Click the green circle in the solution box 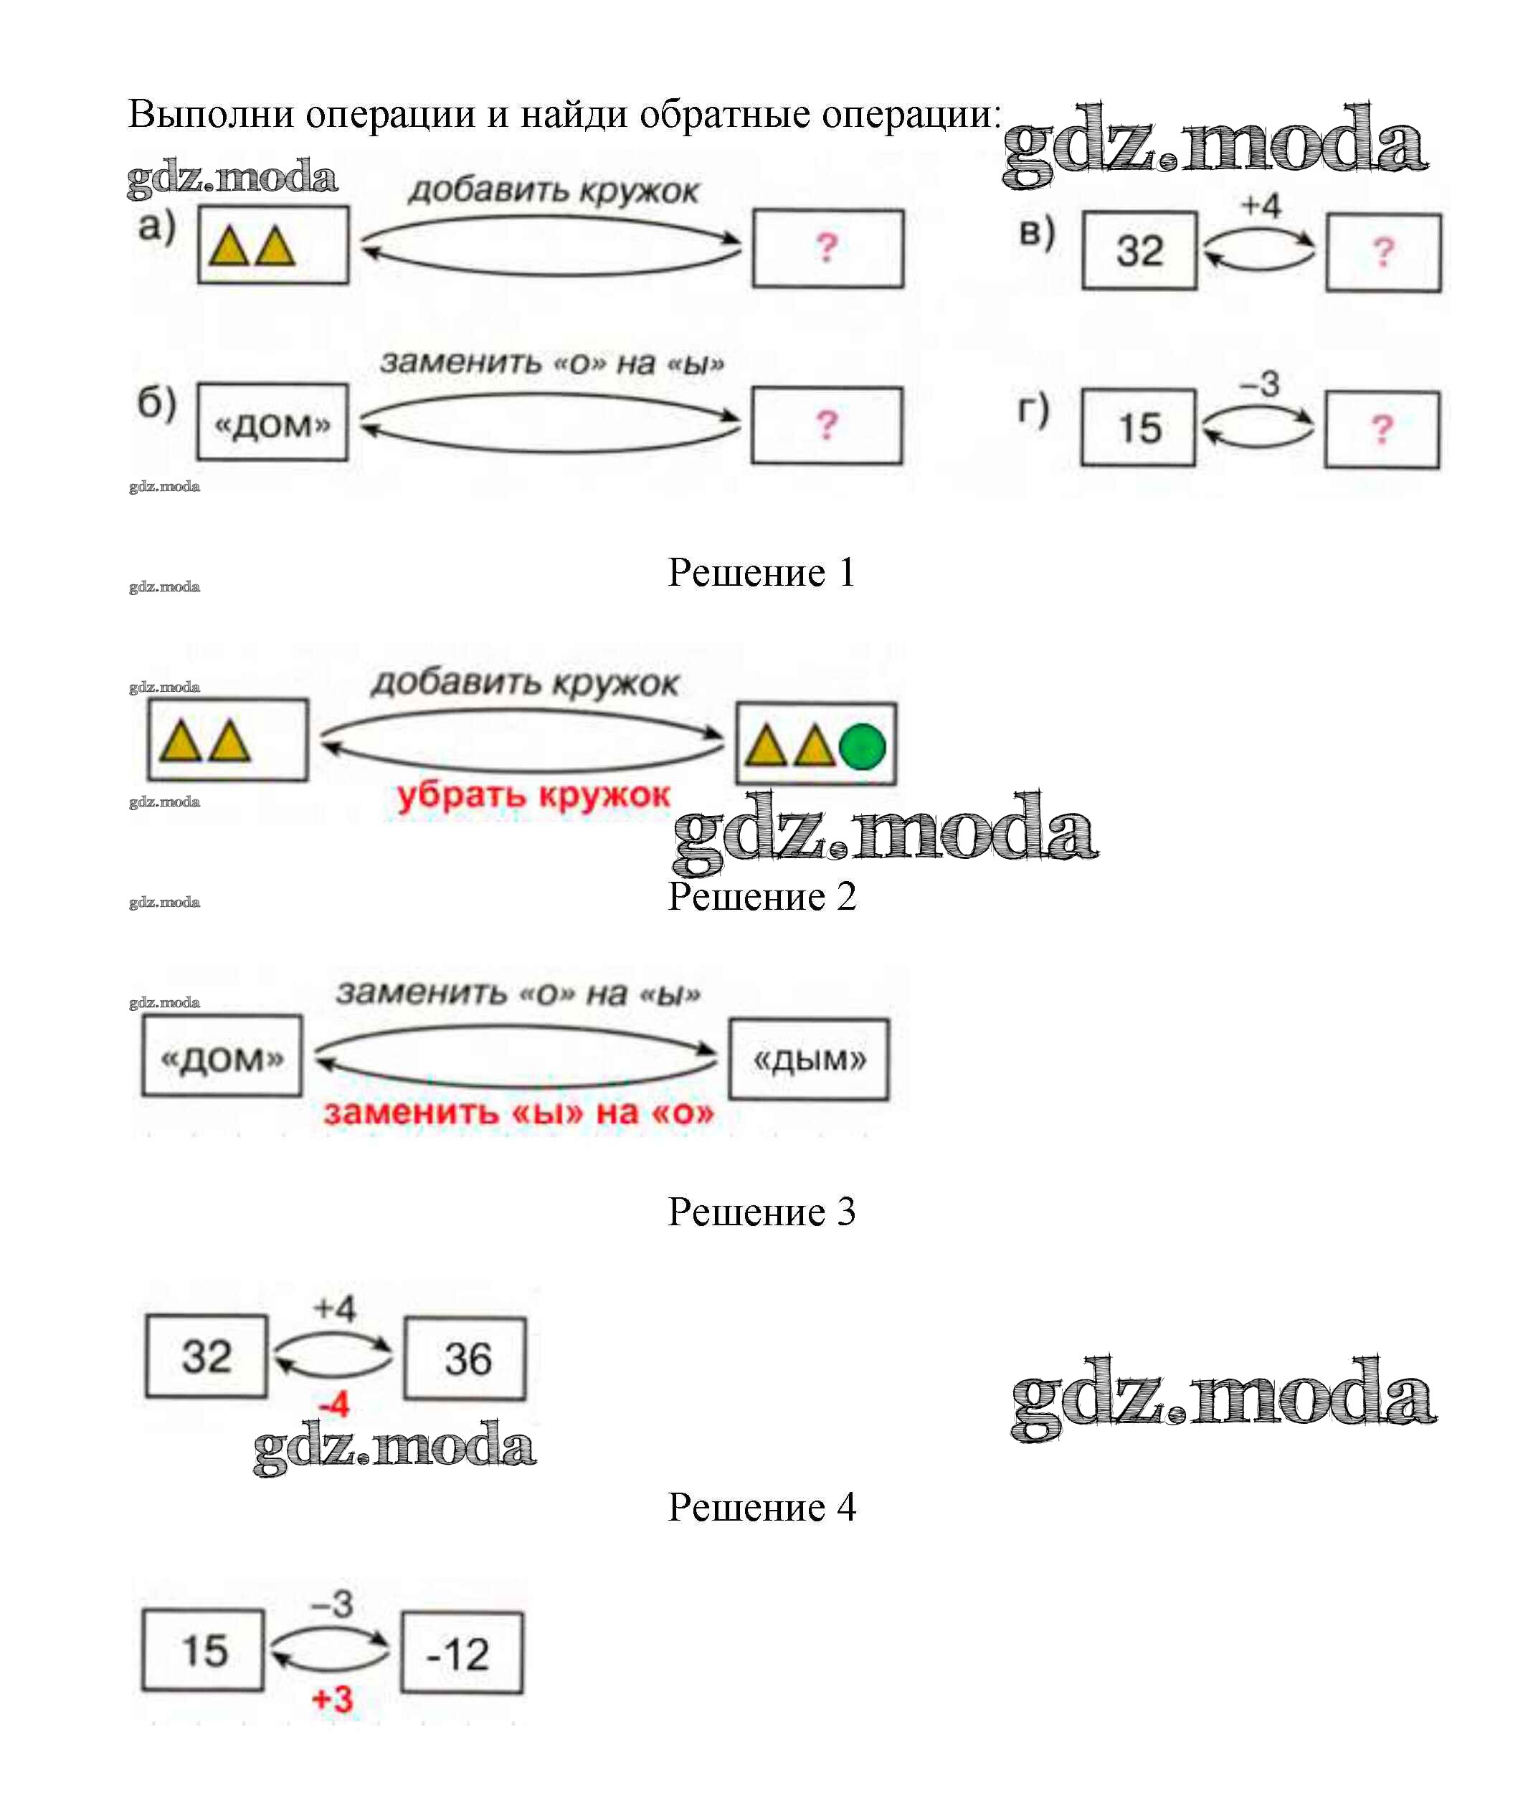coord(863,746)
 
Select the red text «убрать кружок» coord(533,794)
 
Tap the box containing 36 coord(465,1359)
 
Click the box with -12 coord(462,1653)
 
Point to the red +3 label coord(333,1699)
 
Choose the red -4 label coord(334,1404)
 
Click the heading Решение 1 coord(761,572)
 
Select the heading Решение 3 coord(761,1212)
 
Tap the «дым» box coord(809,1060)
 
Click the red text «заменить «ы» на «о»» coord(519,1112)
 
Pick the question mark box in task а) coord(827,249)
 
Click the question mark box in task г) coord(1382,429)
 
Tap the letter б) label coord(156,403)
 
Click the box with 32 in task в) coord(1140,251)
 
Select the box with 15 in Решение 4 coord(203,1650)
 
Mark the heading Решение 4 coord(761,1507)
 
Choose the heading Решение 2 coord(761,896)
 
